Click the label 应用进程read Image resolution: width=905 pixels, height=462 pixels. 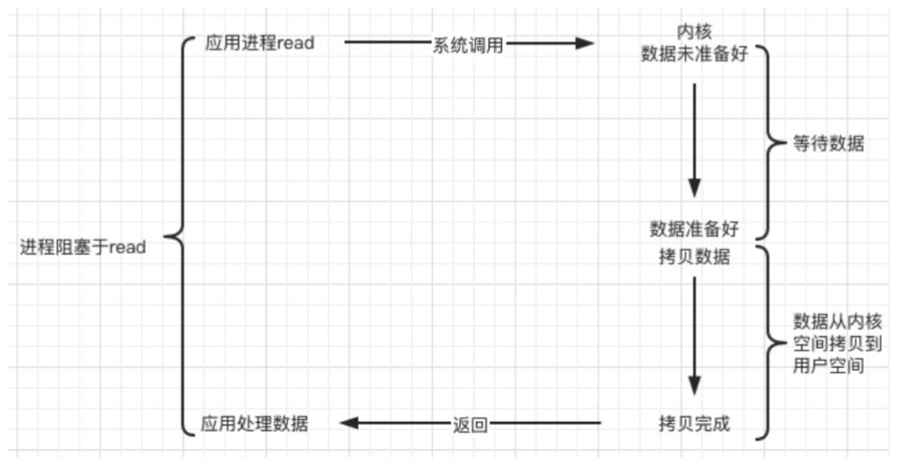259,44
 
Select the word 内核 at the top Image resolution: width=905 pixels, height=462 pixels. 694,32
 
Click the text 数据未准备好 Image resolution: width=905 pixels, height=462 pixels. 694,53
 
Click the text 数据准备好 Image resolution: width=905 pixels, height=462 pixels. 694,230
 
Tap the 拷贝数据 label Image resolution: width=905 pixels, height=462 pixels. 694,257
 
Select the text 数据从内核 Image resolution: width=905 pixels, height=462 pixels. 828,321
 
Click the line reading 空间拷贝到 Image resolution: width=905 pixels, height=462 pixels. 828,344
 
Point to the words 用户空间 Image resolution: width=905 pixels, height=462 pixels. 828,366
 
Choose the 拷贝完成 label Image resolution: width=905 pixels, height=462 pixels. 694,424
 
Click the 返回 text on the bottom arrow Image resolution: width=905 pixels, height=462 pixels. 468,425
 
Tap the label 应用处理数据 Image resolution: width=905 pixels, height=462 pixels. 255,424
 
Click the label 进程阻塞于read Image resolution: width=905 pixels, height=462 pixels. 83,247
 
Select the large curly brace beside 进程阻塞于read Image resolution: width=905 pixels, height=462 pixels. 176,239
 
